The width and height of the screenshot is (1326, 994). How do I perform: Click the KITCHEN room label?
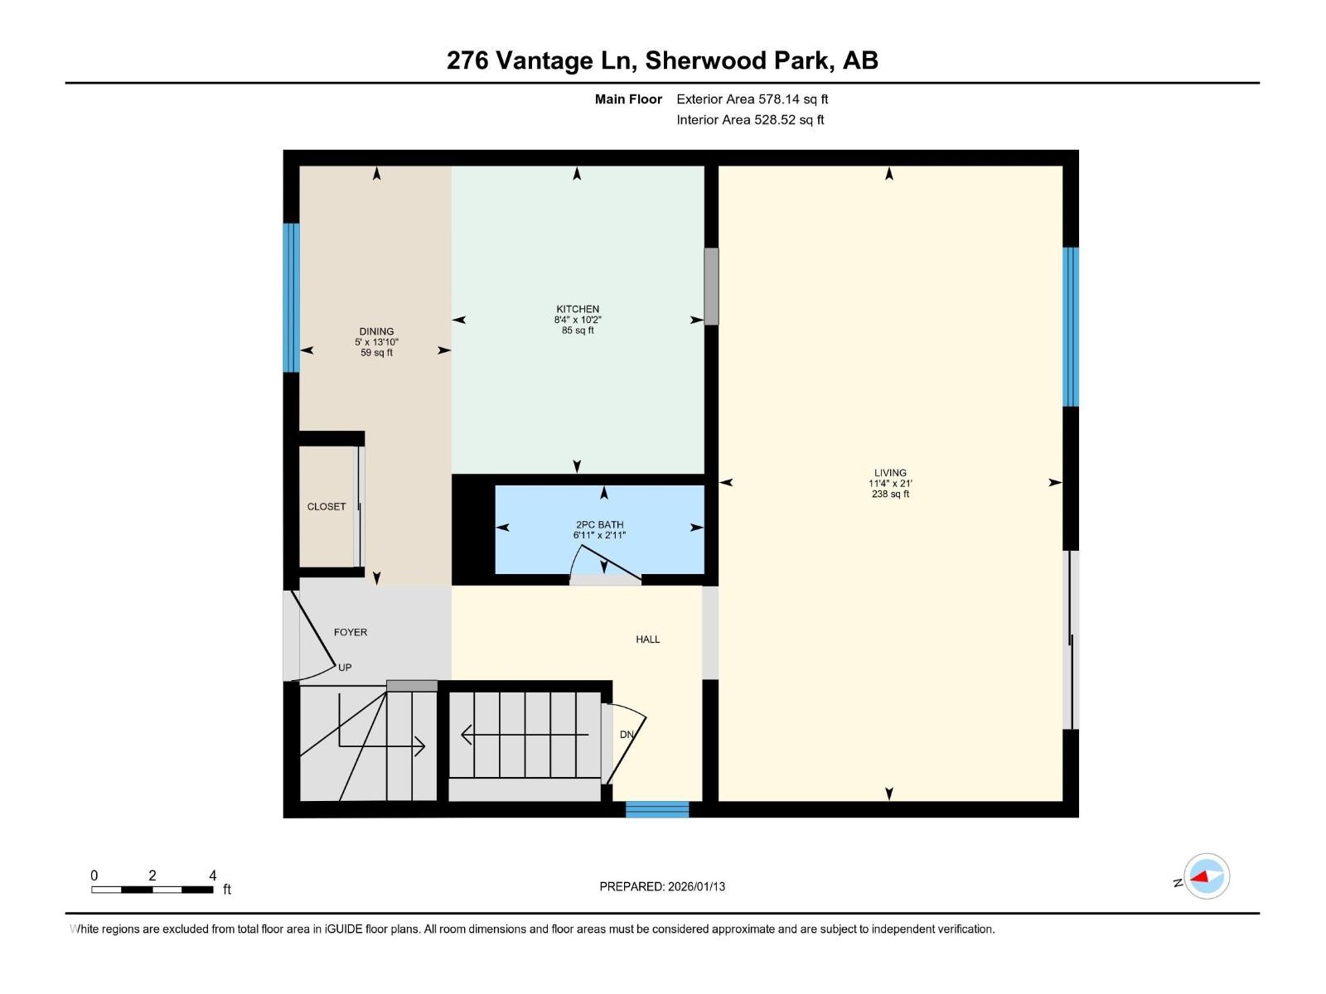point(578,309)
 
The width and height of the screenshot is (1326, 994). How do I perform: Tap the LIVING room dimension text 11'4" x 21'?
point(890,484)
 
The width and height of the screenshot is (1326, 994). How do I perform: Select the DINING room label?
point(376,331)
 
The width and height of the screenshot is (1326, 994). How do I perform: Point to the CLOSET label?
point(327,507)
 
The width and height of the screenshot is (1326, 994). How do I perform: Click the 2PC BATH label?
point(599,524)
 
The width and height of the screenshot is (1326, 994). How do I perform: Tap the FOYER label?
point(351,632)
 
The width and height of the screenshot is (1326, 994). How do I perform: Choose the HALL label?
point(648,639)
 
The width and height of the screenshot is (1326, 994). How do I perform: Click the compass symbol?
point(1207,876)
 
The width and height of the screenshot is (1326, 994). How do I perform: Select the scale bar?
point(152,890)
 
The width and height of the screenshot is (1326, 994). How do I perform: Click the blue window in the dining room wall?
point(291,298)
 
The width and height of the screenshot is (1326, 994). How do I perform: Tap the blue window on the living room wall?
point(1071,327)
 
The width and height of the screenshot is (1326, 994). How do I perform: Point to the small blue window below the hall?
point(657,809)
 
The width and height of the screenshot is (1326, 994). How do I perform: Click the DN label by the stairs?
point(627,735)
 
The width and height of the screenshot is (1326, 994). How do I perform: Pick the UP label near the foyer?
point(345,668)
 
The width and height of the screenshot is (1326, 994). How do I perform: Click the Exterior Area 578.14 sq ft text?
point(752,99)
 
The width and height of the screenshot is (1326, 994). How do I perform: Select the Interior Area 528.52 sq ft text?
point(750,120)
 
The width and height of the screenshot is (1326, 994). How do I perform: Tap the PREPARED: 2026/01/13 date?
point(662,886)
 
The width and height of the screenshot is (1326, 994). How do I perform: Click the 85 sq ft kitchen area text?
point(578,331)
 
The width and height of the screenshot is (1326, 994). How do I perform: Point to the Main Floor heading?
point(628,99)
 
